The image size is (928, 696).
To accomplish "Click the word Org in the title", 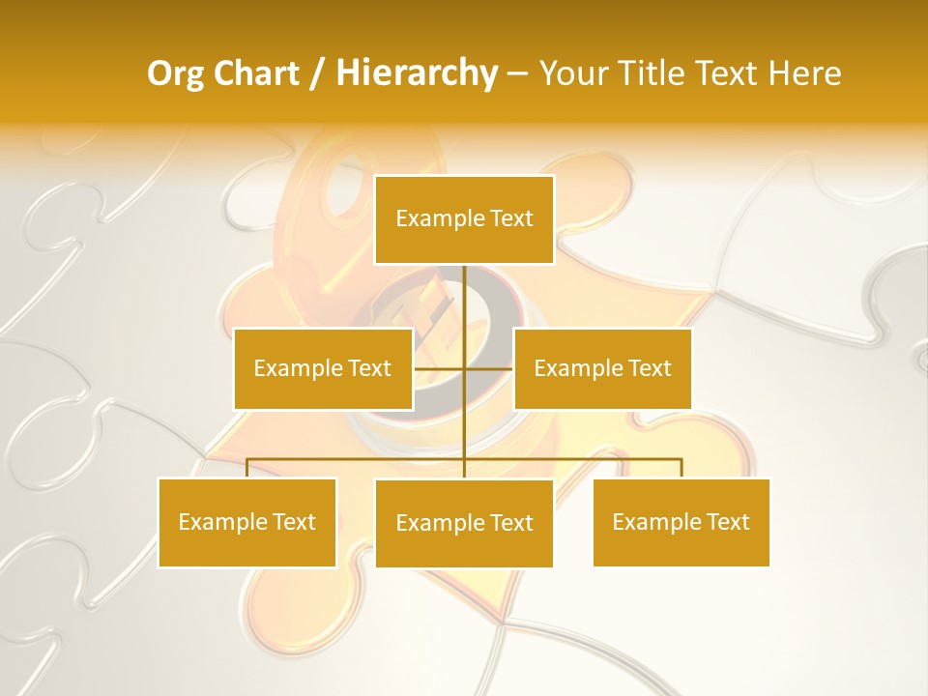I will click(177, 73).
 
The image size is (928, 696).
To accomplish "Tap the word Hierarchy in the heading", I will click(417, 73).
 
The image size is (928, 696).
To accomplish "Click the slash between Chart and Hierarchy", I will click(317, 73).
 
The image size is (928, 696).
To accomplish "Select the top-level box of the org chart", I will click(464, 219).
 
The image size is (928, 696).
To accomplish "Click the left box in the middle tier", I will click(323, 368).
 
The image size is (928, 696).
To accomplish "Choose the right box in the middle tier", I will click(602, 368).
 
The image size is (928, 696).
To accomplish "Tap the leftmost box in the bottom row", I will click(247, 522).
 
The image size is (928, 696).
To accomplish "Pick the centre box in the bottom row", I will click(464, 523).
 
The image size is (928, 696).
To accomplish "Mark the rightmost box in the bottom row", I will click(681, 522).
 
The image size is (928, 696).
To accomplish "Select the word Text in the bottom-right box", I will click(728, 522).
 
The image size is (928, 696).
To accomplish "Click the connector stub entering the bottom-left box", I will click(247, 468).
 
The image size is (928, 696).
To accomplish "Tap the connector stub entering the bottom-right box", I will click(681, 468).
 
